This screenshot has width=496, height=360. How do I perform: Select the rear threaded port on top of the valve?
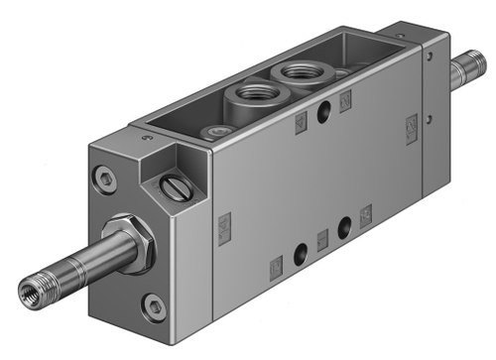[x=295, y=72]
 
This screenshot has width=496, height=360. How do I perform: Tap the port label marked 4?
[x=302, y=121]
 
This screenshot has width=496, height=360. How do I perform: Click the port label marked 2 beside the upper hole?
[x=346, y=99]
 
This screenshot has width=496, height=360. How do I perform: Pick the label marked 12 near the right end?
[x=411, y=125]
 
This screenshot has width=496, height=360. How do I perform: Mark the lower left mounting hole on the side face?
[x=299, y=248]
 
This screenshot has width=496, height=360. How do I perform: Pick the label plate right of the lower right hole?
[x=366, y=212]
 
